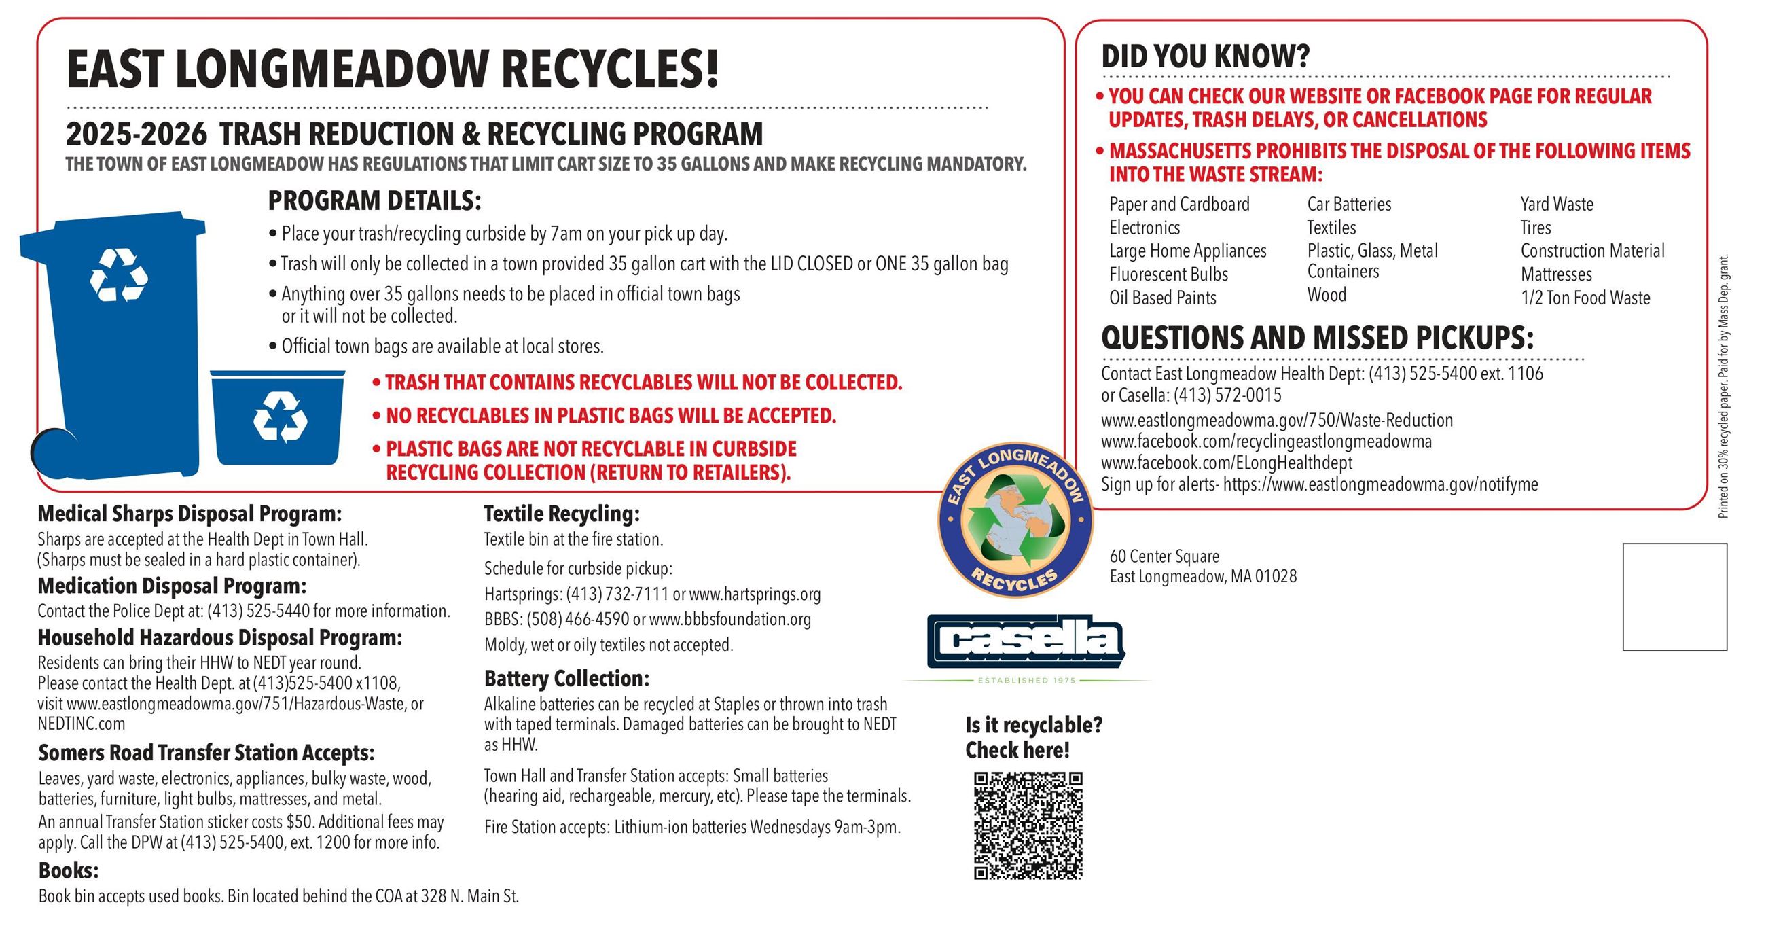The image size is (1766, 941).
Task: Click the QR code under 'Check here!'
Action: [x=1028, y=825]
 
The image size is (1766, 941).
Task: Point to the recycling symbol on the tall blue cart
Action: [x=119, y=275]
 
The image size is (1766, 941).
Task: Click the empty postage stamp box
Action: [x=1674, y=597]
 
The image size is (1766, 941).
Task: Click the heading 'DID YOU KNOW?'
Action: [x=1205, y=56]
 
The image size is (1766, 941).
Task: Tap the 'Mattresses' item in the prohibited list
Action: [x=1556, y=274]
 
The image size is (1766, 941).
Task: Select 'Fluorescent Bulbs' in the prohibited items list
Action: [x=1168, y=274]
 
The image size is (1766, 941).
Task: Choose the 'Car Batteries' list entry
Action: [x=1348, y=205]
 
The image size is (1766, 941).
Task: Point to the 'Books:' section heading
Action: [x=69, y=870]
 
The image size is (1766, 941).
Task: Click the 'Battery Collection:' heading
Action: [x=566, y=678]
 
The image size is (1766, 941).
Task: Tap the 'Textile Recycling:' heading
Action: [x=562, y=513]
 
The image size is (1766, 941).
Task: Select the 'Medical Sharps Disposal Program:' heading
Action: [x=190, y=513]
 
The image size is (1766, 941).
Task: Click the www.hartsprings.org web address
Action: [x=754, y=594]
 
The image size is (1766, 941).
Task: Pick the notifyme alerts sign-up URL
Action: [x=1380, y=484]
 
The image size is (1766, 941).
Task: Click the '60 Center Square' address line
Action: [x=1164, y=556]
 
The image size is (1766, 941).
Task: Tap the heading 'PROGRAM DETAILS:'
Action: [x=374, y=201]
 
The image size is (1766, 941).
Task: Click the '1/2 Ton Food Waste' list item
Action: [x=1585, y=298]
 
